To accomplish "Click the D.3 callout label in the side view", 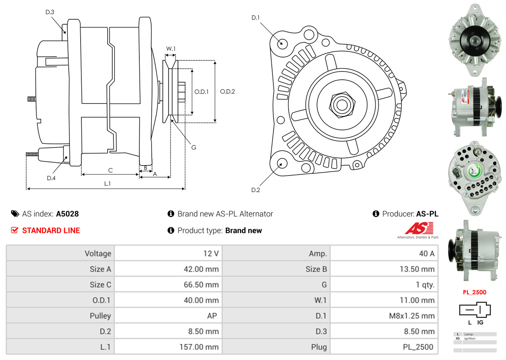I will (x=50, y=12).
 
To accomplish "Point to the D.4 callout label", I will (x=51, y=178).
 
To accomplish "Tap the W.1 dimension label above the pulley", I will (x=171, y=48).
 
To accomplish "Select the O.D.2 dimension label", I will (x=227, y=92).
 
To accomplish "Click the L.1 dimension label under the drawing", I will (x=107, y=184).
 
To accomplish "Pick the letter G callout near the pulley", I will (x=194, y=147).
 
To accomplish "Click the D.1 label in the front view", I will (x=256, y=18).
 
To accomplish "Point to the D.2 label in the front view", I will (x=256, y=190).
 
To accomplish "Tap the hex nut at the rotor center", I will (x=341, y=104).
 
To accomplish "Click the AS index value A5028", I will (x=67, y=214).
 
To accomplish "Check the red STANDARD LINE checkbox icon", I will (x=14, y=230).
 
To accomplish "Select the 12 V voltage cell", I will (x=211, y=253).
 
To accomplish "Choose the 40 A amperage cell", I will (x=426, y=253).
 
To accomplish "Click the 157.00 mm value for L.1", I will (x=199, y=347).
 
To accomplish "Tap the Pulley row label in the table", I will (x=100, y=316).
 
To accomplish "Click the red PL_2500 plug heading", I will (x=474, y=292).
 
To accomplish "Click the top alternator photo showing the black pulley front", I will (x=475, y=40).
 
